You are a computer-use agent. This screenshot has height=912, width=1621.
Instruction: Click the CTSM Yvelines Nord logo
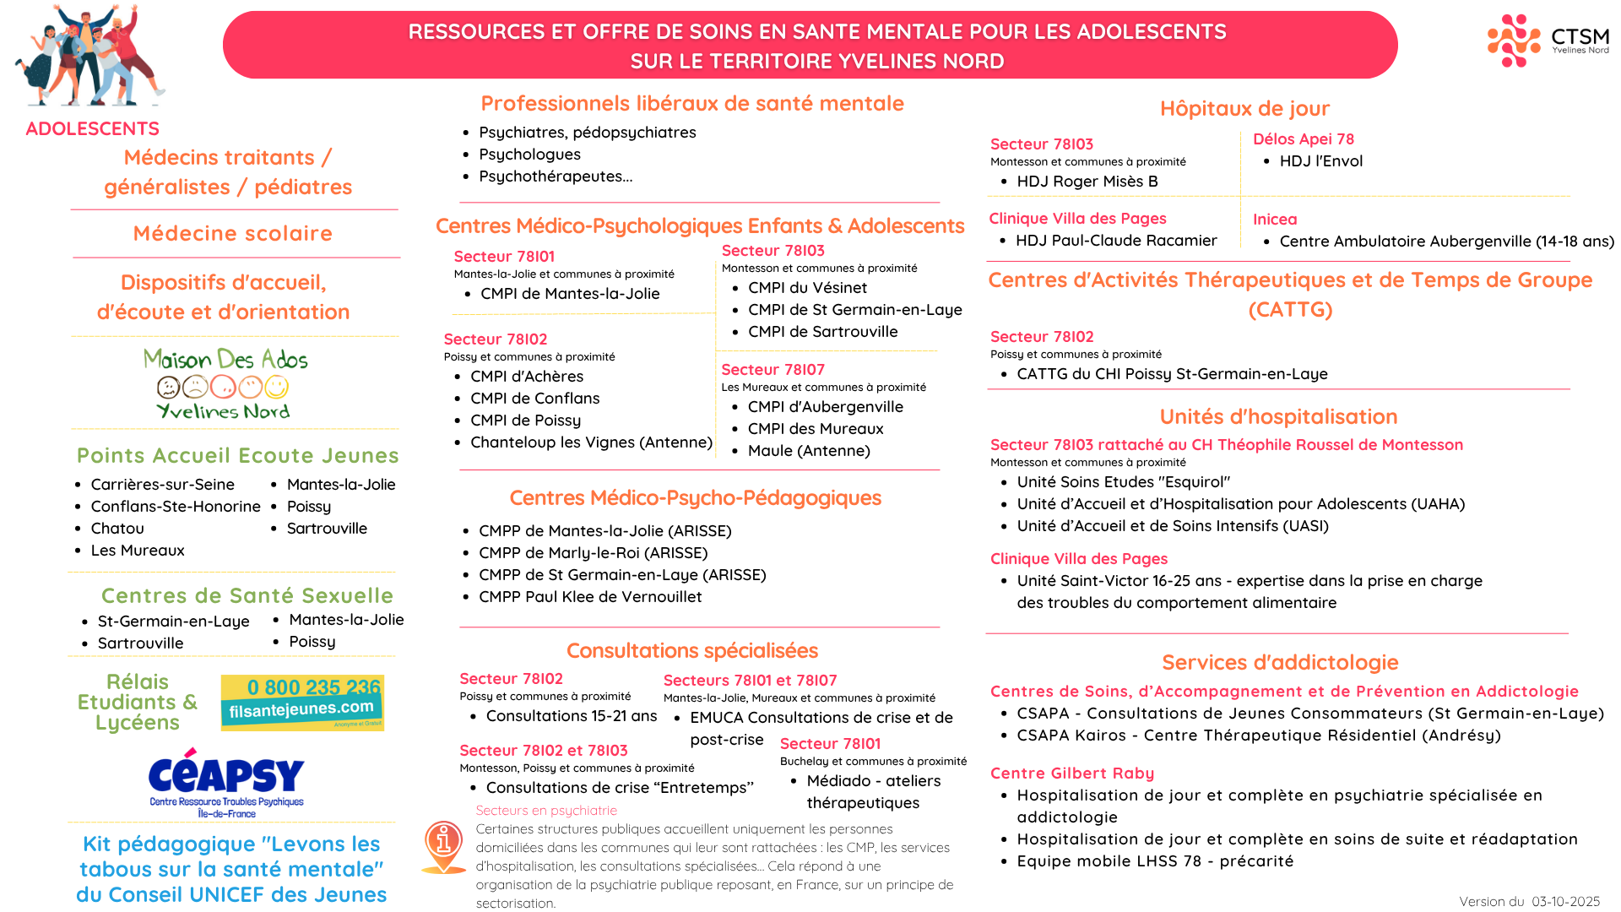1548,41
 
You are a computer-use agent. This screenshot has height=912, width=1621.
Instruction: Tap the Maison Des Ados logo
225,383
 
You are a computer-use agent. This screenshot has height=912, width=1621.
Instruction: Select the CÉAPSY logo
226,782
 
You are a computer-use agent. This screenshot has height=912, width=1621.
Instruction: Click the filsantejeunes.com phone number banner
302,702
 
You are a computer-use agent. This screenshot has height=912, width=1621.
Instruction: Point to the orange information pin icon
444,845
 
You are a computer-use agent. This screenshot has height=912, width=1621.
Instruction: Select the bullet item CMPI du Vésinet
806,288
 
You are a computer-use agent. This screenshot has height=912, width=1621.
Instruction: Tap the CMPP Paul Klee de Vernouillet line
589,597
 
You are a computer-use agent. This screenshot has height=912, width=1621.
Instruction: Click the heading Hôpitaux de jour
1244,109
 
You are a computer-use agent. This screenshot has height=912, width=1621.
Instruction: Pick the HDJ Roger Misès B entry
1087,182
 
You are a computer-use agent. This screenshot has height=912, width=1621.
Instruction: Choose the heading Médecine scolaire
233,234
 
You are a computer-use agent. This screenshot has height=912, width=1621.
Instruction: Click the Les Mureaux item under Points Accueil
137,551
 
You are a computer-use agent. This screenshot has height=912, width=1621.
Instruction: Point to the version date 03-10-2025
1565,902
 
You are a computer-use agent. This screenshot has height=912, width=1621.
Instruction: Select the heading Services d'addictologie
1279,663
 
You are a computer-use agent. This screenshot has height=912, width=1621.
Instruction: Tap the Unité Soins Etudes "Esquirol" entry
1123,482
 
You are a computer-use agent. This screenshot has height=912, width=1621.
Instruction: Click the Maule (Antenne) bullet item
808,451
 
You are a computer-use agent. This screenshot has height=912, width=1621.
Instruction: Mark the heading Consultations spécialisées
691,651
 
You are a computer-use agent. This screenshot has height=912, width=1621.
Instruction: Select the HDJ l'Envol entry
1320,161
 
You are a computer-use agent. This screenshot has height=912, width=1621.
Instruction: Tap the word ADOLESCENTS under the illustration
93,129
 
